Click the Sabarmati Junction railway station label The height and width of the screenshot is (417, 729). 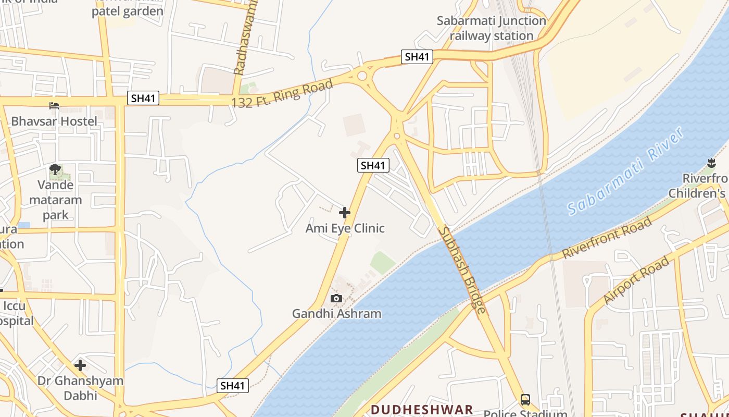492,29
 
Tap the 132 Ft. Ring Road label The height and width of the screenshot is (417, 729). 282,94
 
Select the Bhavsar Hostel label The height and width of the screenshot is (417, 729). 54,121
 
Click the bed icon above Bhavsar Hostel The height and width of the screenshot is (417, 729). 54,106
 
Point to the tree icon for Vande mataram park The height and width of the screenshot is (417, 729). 55,169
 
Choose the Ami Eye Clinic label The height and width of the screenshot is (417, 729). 345,228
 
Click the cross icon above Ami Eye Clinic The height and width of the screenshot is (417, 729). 345,213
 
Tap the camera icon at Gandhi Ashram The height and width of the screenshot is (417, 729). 336,298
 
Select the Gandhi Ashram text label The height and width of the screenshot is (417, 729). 336,314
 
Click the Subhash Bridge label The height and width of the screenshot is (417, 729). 462,271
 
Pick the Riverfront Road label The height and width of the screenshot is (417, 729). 607,238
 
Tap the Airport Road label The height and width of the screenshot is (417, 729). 636,281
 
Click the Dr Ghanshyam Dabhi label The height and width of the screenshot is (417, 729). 80,388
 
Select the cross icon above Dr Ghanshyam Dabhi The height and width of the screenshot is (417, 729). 80,365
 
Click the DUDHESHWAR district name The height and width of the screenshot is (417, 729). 422,410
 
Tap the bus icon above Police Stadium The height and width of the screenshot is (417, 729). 525,400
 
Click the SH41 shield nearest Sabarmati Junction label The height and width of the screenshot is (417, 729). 417,57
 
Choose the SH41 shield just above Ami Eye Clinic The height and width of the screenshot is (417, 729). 373,166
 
